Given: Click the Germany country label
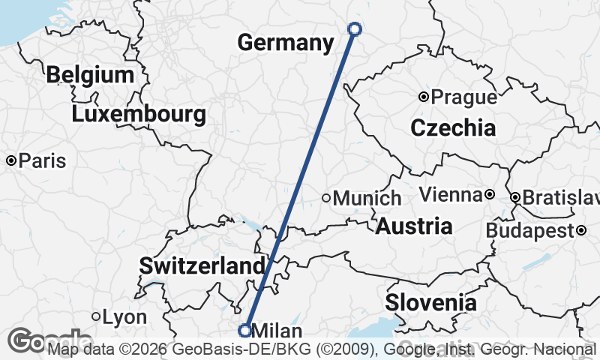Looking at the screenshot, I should (x=286, y=43).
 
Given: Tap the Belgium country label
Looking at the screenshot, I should (x=89, y=75).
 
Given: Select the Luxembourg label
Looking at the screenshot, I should (x=139, y=115).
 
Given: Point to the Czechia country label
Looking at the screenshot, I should (x=453, y=127).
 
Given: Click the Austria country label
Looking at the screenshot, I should (x=414, y=226).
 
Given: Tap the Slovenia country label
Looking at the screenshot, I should (x=430, y=303).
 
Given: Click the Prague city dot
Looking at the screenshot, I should (x=424, y=97).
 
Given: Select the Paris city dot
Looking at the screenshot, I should (x=12, y=160).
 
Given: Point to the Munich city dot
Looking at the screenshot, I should (x=326, y=198).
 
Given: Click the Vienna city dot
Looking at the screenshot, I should (x=490, y=194).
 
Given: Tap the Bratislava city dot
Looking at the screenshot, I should (x=515, y=198).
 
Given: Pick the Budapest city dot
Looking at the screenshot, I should (x=581, y=230).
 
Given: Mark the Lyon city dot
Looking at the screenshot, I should (x=96, y=317).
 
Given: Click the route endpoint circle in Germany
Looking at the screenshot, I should (x=355, y=29).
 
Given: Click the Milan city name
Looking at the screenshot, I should (x=278, y=331).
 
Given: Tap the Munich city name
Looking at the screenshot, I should (x=367, y=199).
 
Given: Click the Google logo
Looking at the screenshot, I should (x=37, y=341).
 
